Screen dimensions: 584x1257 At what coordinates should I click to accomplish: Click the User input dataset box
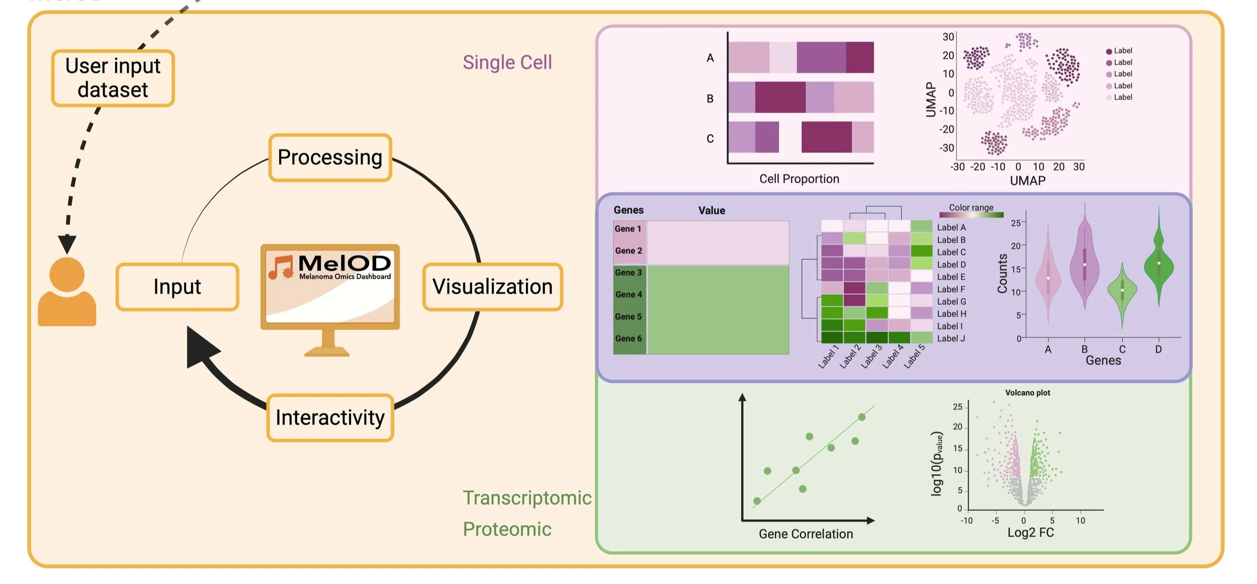[113, 78]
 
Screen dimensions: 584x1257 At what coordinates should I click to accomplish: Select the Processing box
[330, 157]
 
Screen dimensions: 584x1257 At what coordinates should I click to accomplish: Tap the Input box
[177, 287]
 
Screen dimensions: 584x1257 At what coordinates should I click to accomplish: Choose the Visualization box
[492, 287]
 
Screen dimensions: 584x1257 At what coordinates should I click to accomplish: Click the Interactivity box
[330, 418]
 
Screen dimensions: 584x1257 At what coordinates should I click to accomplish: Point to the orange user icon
[67, 292]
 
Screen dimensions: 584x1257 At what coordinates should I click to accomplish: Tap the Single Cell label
[507, 62]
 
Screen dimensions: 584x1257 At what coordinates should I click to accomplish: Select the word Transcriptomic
[527, 498]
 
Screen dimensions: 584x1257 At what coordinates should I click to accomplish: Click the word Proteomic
[507, 529]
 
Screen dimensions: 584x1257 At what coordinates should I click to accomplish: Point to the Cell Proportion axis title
[799, 179]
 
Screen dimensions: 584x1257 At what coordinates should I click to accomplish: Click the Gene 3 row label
[628, 273]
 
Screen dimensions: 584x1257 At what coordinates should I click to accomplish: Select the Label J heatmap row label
[951, 339]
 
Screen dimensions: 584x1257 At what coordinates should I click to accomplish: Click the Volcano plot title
[1027, 393]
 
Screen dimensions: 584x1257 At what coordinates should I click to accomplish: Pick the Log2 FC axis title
[1030, 533]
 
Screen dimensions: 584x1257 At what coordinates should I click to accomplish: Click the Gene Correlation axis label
[805, 534]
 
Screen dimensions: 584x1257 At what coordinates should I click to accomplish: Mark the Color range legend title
[971, 208]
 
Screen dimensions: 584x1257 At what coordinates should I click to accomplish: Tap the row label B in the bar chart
[710, 99]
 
